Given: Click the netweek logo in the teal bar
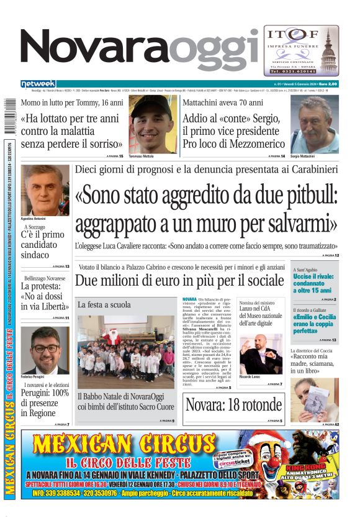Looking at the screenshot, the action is (38, 83).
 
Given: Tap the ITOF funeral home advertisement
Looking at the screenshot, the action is (301, 50).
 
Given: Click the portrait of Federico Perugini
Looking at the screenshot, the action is (45, 350).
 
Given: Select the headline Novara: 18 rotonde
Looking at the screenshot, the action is (234, 404).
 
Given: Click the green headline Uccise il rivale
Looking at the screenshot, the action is (313, 283).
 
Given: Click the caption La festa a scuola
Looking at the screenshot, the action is (104, 305).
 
